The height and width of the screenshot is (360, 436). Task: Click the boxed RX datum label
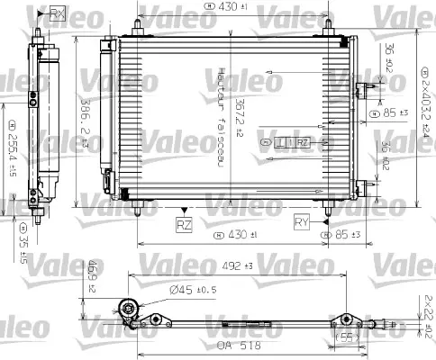tap(59, 13)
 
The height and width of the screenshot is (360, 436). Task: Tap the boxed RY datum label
tap(302, 220)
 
